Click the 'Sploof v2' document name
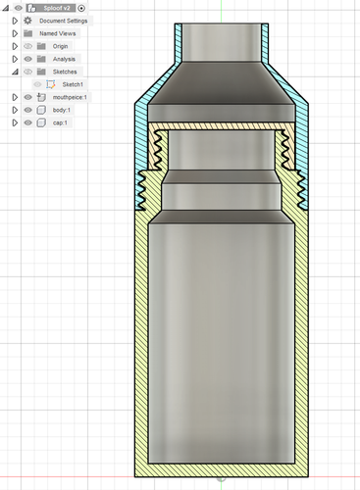(57, 8)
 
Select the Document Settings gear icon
(28, 21)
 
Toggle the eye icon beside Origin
(27, 46)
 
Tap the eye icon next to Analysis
(27, 59)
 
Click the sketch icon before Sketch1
(53, 84)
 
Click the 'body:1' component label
(61, 110)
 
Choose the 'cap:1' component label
(60, 122)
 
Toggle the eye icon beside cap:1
(27, 122)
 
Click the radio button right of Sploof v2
(81, 8)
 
